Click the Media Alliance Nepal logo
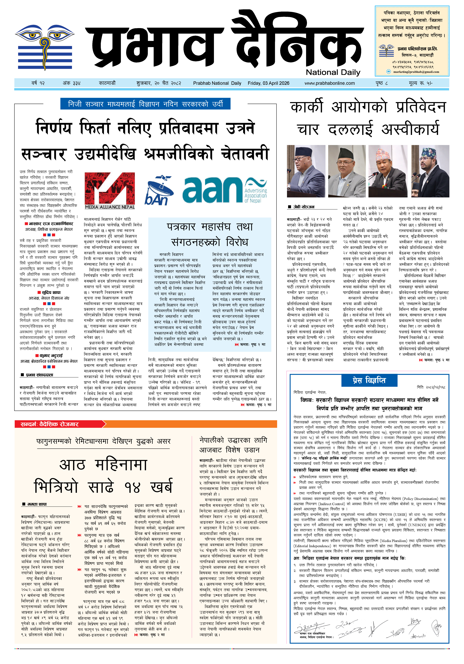[x=110, y=191]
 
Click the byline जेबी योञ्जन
[x=304, y=207]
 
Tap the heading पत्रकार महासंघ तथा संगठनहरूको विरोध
[x=210, y=234]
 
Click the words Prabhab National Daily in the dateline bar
[x=217, y=83]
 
